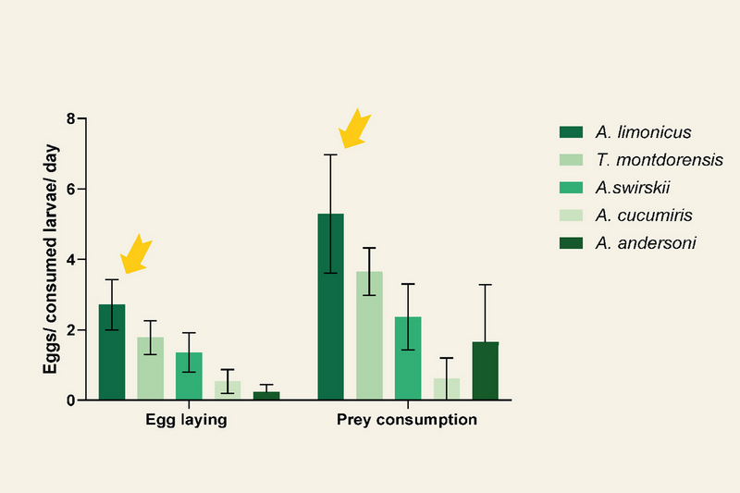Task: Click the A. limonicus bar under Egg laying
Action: point(112,351)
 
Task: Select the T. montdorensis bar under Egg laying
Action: point(151,368)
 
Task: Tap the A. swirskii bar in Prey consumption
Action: point(408,358)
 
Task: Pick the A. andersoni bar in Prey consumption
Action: point(485,371)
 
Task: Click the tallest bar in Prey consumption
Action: point(330,307)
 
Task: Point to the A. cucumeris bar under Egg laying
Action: point(228,390)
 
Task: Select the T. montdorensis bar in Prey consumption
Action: point(369,336)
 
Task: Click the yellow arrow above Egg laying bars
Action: point(136,253)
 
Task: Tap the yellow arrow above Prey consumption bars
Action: point(354,129)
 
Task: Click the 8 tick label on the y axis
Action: point(71,118)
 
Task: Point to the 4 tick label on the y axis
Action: point(71,260)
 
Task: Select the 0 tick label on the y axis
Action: point(71,401)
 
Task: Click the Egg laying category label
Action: point(186,419)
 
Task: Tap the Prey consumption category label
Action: point(407,419)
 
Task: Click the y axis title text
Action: point(50,259)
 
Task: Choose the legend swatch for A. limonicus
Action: point(571,131)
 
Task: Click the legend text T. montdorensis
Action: point(660,160)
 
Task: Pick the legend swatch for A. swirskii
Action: point(571,187)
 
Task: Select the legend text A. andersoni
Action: point(646,243)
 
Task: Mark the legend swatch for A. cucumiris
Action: point(571,216)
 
